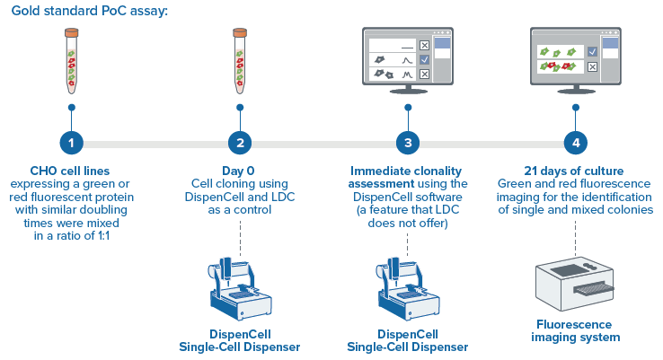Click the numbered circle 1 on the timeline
tap(71, 142)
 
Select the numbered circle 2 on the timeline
tap(239, 142)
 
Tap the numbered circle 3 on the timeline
tap(408, 142)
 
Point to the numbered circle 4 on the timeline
tap(576, 142)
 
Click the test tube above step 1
tap(71, 59)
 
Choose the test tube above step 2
tap(239, 59)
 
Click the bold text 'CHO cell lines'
tap(71, 170)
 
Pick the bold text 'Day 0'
tap(239, 170)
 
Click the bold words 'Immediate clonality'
tap(408, 170)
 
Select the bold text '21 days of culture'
tap(576, 170)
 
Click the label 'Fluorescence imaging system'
tap(576, 330)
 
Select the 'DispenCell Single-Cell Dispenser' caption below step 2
tap(240, 340)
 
